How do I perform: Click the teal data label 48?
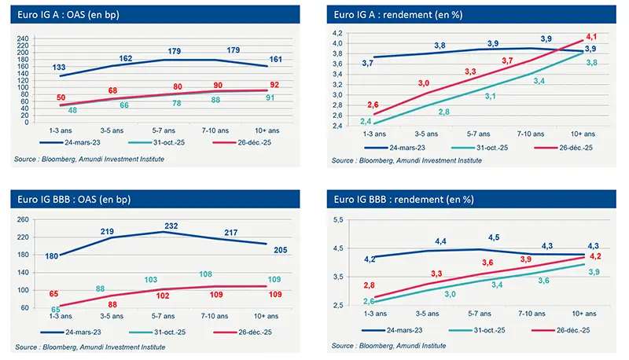tap(72, 110)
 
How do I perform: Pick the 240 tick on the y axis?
tap(22, 38)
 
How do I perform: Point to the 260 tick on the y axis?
tap(22, 220)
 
